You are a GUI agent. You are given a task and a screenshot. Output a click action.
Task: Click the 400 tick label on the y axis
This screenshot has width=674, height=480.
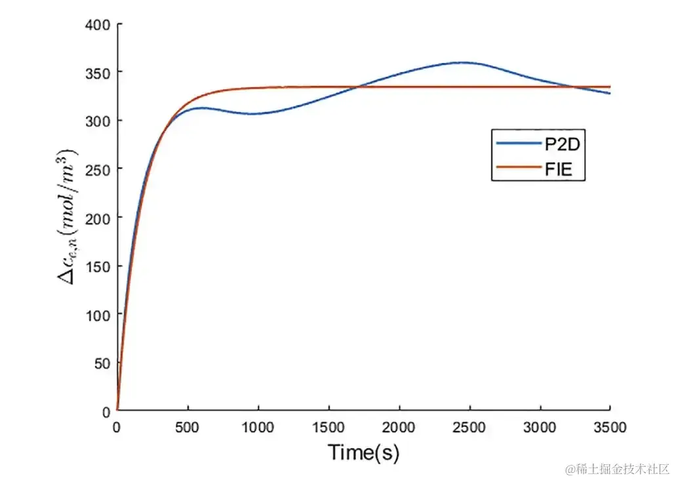pyautogui.click(x=96, y=24)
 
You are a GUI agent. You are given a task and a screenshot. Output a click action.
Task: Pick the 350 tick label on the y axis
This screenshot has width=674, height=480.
pyautogui.click(x=96, y=72)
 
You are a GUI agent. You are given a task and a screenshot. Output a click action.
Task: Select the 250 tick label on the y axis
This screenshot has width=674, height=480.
pyautogui.click(x=96, y=169)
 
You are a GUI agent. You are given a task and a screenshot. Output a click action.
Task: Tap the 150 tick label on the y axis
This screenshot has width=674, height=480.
pyautogui.click(x=96, y=266)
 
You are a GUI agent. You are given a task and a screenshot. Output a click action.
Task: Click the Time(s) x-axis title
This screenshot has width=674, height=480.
pyautogui.click(x=363, y=452)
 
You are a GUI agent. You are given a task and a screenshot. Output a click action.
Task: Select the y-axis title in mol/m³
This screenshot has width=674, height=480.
pyautogui.click(x=68, y=216)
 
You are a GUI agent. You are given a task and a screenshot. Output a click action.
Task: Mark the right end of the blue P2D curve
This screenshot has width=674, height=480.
pyautogui.click(x=610, y=93)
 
